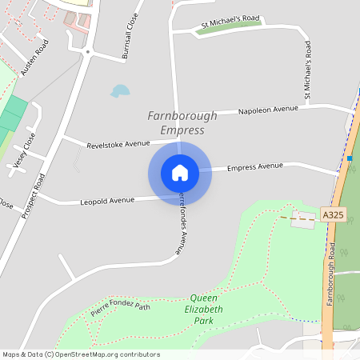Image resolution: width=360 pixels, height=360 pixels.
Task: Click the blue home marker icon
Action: (x=179, y=173)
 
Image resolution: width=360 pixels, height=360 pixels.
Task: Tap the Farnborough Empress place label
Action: (x=182, y=122)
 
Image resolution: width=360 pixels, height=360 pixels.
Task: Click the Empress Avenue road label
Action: (x=255, y=166)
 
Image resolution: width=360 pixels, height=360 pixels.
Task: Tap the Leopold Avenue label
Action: (x=107, y=201)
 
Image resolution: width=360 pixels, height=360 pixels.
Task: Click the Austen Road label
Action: (x=35, y=57)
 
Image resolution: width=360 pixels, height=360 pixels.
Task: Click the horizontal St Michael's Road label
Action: (x=230, y=26)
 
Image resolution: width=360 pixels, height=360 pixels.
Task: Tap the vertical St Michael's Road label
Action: (x=306, y=72)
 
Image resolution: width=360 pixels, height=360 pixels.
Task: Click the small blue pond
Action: (x=120, y=90)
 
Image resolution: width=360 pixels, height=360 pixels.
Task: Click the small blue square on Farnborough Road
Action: (x=350, y=158)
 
